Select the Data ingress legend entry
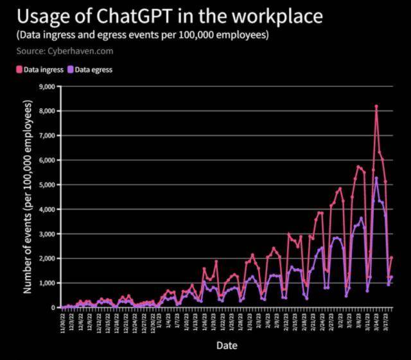(x=43, y=69)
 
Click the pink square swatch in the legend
(x=19, y=69)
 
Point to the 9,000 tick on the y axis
(x=49, y=87)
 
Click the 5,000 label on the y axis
(x=49, y=185)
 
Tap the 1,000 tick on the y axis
(x=49, y=283)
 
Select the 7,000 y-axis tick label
(x=49, y=135)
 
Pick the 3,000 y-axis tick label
(x=49, y=234)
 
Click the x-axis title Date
(x=226, y=345)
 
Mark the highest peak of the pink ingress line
(x=376, y=106)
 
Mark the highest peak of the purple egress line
(x=376, y=178)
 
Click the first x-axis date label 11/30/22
(x=63, y=319)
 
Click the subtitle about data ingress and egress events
(x=143, y=35)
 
